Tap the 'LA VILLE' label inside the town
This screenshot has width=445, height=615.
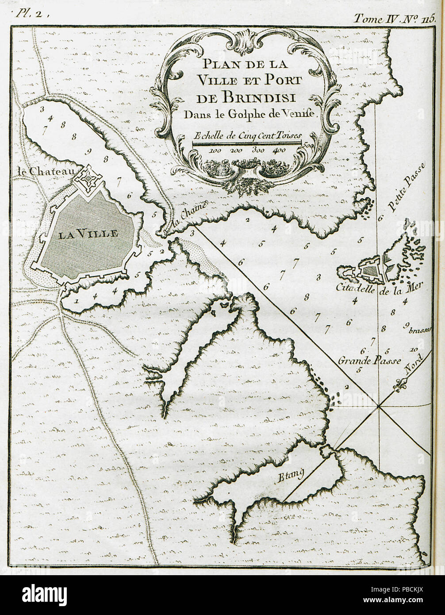[x=88, y=234]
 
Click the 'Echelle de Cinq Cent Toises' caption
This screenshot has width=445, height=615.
[x=247, y=135]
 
